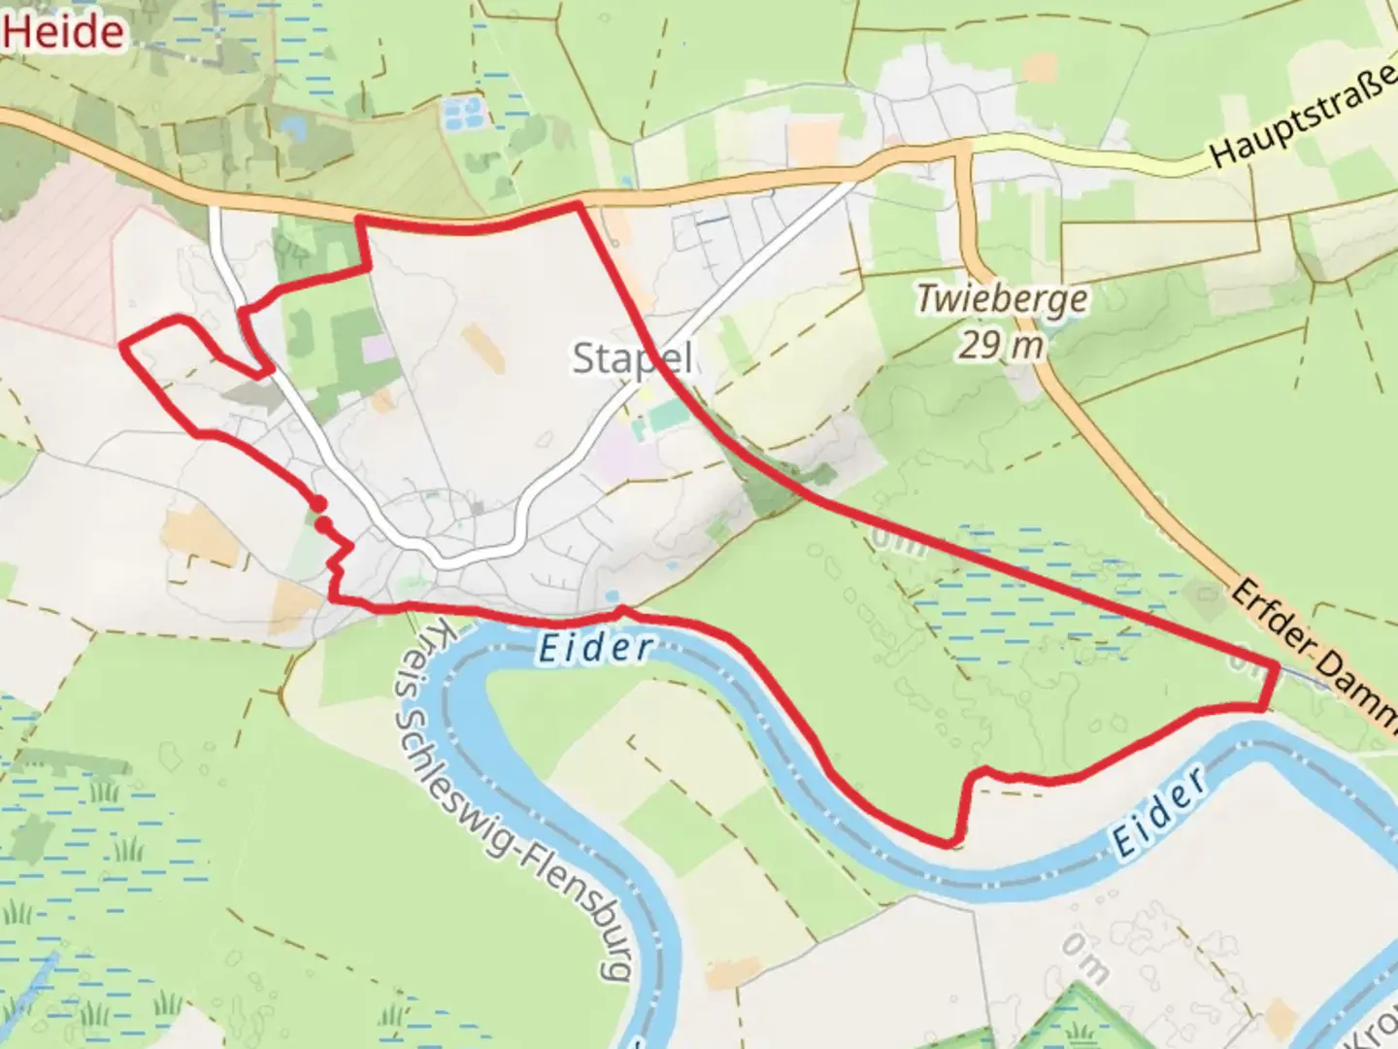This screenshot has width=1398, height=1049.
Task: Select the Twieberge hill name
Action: coord(1002,298)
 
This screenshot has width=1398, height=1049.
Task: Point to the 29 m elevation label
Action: coord(1001,344)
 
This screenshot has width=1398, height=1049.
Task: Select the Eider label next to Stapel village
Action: coord(593,648)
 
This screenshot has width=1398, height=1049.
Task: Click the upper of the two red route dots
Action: coord(317,503)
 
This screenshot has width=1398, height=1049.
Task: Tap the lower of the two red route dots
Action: coord(324,525)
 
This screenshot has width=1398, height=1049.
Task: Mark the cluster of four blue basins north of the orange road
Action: coord(462,115)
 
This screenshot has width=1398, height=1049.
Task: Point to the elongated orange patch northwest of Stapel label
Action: coord(483,349)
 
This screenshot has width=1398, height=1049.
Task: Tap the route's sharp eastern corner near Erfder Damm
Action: coord(1273,666)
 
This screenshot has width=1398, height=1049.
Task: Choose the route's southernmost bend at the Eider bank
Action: coord(952,842)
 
